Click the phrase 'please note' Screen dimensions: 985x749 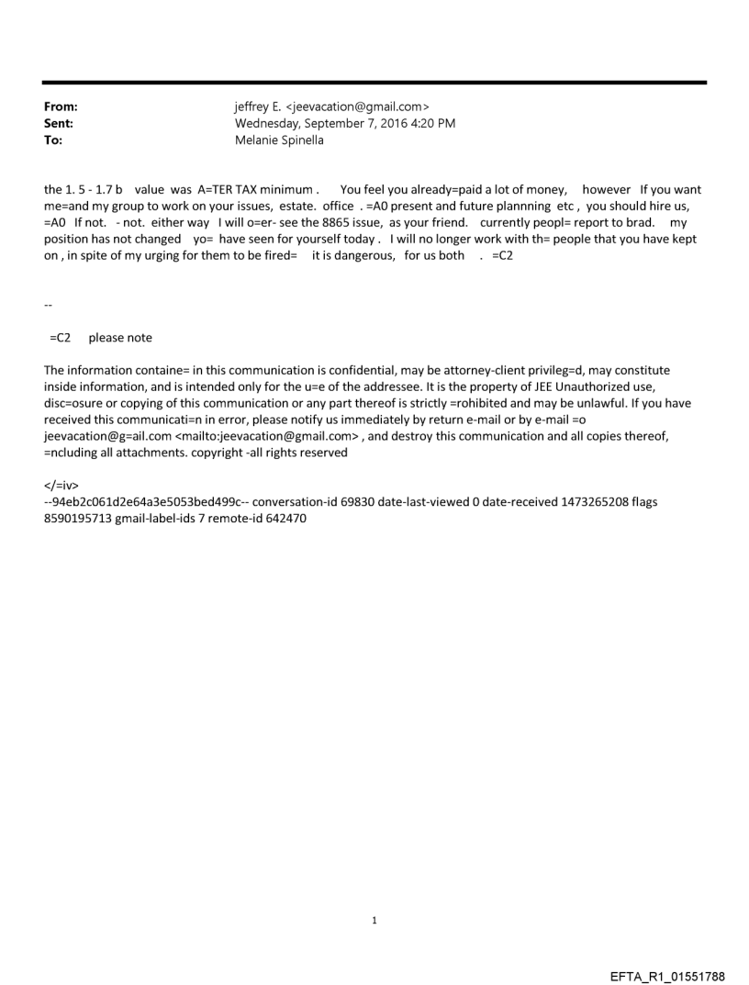click(120, 338)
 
